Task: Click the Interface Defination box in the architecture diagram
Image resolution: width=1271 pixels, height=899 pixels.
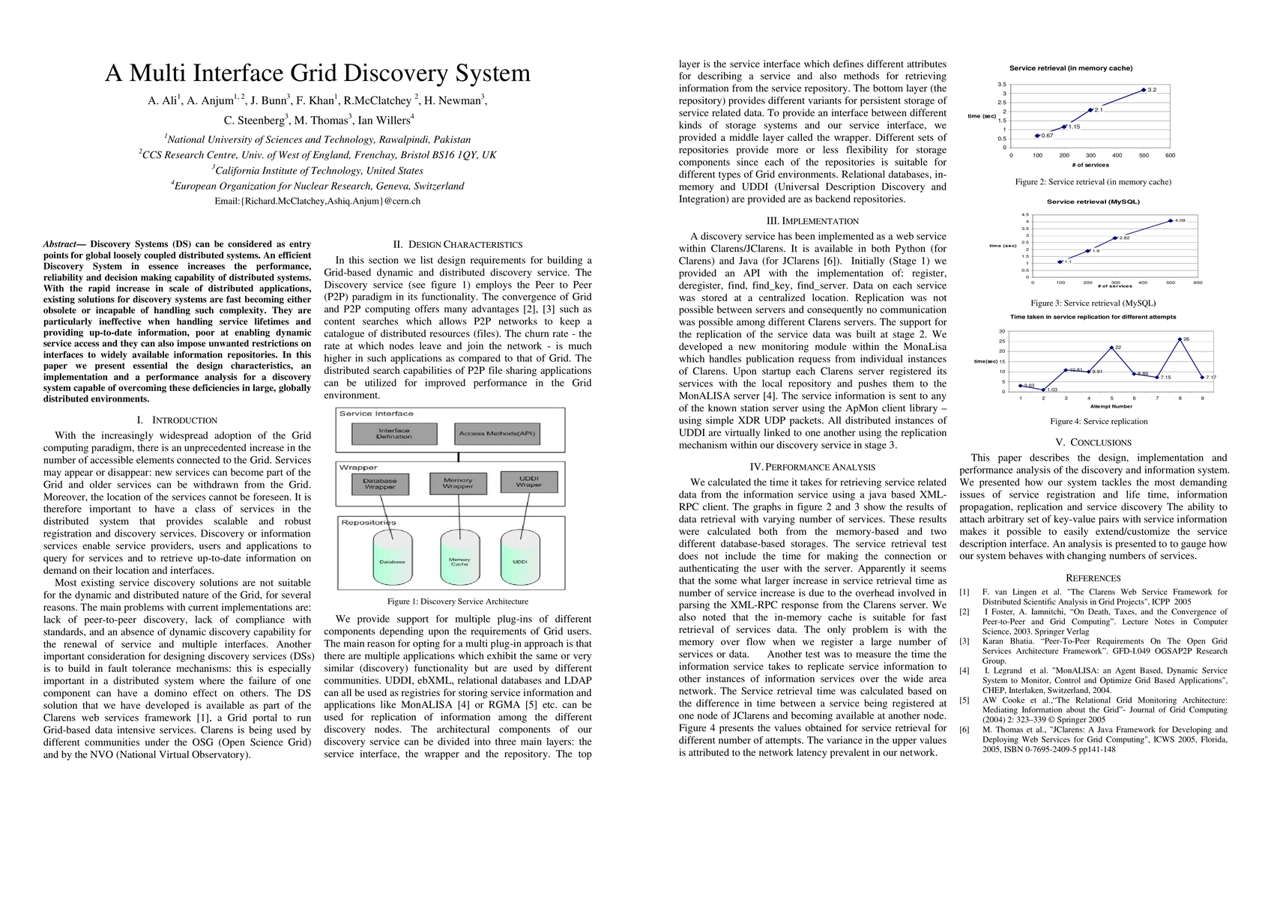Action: click(x=394, y=434)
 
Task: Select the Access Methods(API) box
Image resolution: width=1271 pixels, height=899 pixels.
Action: click(x=498, y=434)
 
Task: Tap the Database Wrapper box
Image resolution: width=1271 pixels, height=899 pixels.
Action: click(x=380, y=484)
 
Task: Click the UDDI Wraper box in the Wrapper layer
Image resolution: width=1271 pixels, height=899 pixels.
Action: click(x=529, y=482)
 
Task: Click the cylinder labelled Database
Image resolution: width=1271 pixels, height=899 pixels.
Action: click(x=392, y=560)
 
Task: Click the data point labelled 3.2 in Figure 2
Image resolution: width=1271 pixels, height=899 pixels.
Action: click(x=1144, y=90)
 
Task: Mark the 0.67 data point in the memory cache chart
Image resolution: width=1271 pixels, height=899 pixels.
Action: click(x=1037, y=136)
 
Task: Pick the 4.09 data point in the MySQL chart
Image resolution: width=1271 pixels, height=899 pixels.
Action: click(x=1171, y=221)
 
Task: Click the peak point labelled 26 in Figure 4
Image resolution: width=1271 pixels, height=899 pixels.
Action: click(x=1180, y=339)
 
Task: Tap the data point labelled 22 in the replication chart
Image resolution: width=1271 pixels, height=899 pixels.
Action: click(x=1111, y=348)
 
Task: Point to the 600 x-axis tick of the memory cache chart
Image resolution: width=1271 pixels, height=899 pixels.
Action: click(x=1170, y=156)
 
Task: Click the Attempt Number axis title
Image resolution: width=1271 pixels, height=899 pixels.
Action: click(x=1111, y=406)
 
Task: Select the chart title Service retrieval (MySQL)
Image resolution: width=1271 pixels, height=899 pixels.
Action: click(x=1093, y=202)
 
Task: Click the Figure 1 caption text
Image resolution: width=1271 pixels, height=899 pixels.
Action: click(x=458, y=601)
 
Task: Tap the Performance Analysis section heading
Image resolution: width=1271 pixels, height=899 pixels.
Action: click(x=812, y=467)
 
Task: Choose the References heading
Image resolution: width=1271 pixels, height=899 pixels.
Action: click(x=1093, y=578)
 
